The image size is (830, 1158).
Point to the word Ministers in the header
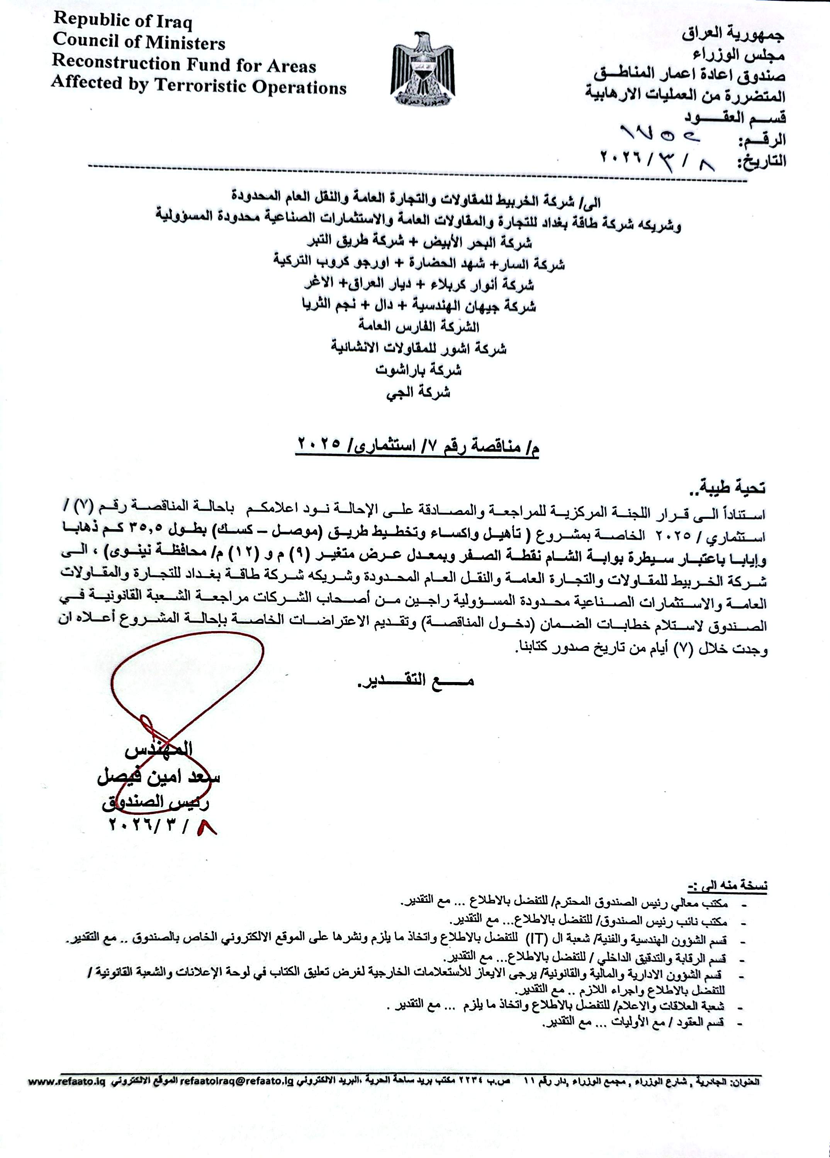185,43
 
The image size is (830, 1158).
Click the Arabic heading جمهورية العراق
733,34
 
